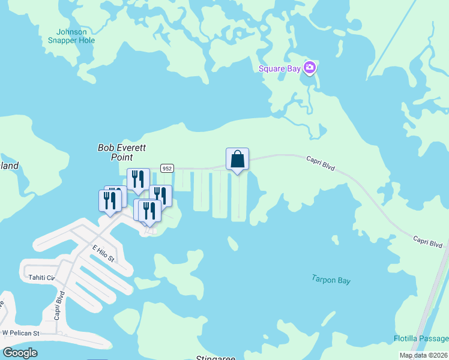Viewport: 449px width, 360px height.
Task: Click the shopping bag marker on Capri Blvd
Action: click(x=237, y=160)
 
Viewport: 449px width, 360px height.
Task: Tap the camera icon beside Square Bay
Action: click(x=310, y=68)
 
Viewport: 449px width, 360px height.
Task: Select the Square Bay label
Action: click(x=279, y=68)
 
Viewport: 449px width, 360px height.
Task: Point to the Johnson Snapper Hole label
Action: click(x=71, y=36)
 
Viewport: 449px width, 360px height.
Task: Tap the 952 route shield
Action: click(x=167, y=169)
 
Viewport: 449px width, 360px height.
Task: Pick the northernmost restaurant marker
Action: click(x=138, y=179)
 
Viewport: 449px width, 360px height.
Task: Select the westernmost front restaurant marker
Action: click(x=110, y=201)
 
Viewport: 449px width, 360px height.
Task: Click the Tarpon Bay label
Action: click(x=331, y=280)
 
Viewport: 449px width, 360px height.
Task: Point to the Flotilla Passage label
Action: click(x=421, y=338)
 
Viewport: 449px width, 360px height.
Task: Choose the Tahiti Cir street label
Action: click(x=41, y=278)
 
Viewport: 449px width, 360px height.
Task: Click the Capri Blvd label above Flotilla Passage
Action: click(x=427, y=241)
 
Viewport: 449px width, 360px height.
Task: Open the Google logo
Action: click(x=20, y=353)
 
